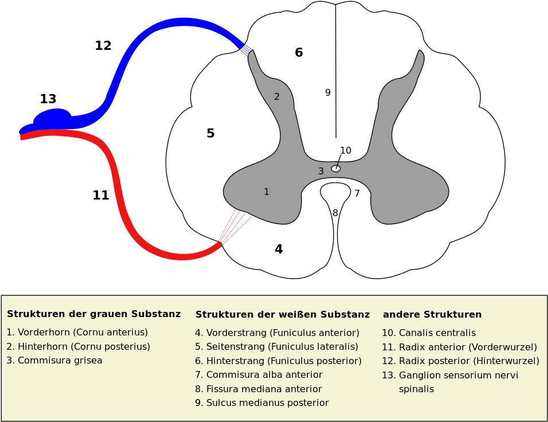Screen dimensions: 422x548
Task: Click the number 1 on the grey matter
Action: click(266, 192)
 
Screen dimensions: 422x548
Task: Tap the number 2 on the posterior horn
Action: click(277, 97)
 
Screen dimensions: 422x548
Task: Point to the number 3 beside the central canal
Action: click(321, 171)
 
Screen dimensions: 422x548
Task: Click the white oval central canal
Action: click(336, 169)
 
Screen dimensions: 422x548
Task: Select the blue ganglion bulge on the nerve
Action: click(53, 118)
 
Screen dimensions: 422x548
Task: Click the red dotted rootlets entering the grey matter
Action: click(236, 227)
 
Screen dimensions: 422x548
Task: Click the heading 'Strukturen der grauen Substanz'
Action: click(93, 314)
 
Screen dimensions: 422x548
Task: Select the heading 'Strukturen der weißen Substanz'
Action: click(282, 315)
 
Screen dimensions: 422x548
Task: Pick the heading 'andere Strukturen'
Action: click(432, 315)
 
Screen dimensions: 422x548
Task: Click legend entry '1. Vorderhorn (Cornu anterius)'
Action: click(77, 333)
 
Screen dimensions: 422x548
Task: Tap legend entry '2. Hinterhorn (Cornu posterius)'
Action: click(79, 347)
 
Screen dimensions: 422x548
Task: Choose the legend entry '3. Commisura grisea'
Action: click(54, 361)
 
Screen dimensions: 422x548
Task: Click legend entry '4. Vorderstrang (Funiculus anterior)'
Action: click(277, 333)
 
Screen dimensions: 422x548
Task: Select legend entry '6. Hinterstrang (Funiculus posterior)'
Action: click(278, 361)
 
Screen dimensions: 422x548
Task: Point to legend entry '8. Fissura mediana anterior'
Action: click(258, 389)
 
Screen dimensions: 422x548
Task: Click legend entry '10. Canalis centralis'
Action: click(428, 333)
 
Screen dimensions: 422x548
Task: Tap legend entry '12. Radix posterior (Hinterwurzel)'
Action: click(460, 361)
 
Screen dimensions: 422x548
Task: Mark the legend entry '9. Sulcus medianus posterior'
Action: click(261, 403)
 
